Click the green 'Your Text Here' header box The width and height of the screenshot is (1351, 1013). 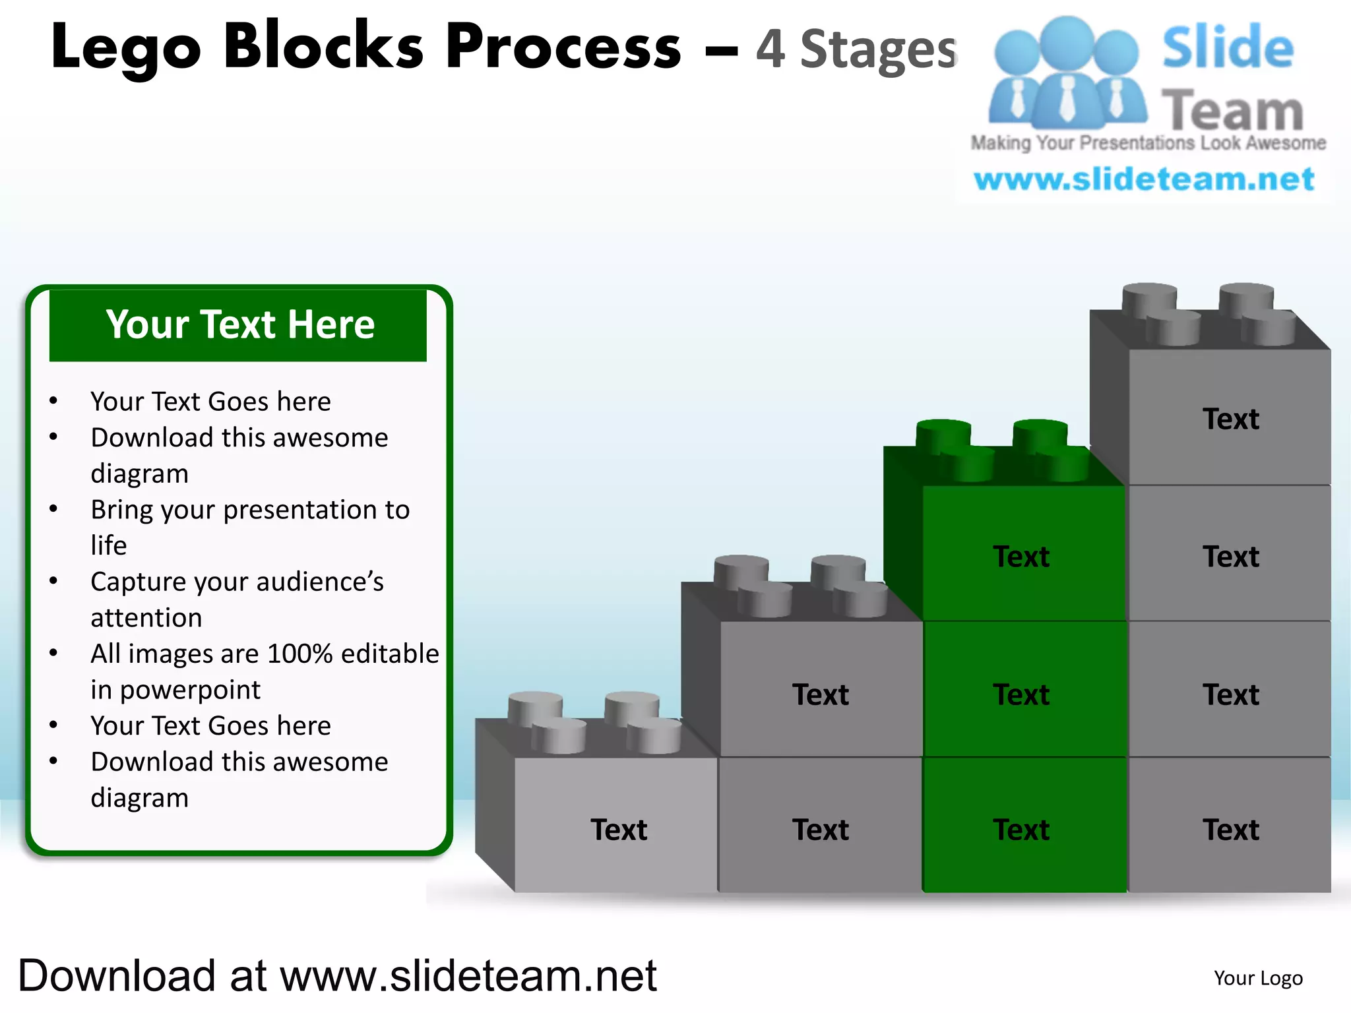click(x=238, y=325)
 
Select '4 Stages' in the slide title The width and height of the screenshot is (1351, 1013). click(x=856, y=49)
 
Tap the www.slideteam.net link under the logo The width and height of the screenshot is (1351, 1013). click(x=1144, y=179)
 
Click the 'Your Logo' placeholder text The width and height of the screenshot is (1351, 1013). click(x=1258, y=978)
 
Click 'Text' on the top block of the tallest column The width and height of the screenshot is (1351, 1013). click(x=1230, y=419)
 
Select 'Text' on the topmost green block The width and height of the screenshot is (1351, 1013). click(x=1021, y=557)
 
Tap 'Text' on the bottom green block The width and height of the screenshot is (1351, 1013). click(x=1021, y=830)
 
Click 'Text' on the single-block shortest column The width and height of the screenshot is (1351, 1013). click(x=619, y=830)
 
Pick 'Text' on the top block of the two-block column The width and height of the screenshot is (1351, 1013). click(x=820, y=695)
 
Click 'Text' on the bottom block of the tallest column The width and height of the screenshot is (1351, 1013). click(x=1230, y=830)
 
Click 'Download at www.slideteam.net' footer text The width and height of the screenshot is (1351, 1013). click(x=337, y=976)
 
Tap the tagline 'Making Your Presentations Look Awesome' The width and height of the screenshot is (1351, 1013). click(x=1148, y=143)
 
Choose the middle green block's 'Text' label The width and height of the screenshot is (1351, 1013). click(x=1021, y=695)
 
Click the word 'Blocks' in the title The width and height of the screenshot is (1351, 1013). click(x=323, y=47)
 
